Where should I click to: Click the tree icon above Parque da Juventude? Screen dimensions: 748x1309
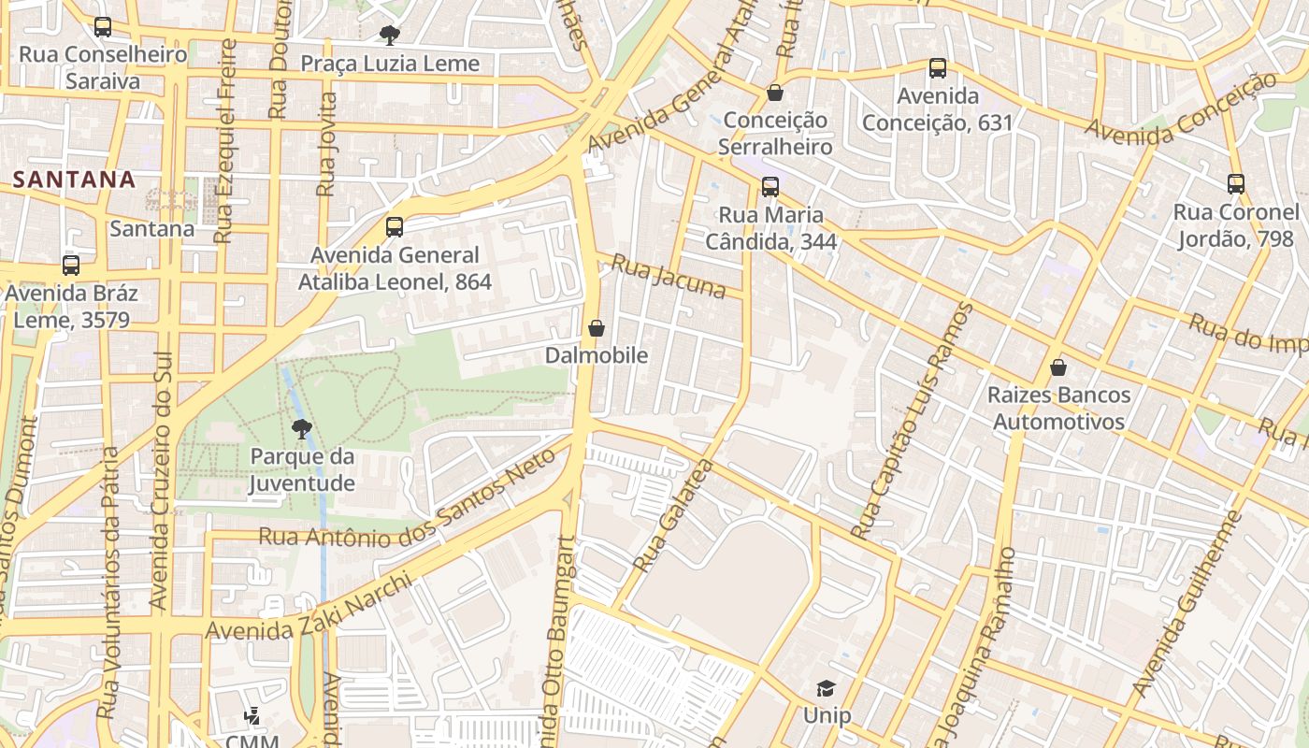pos(301,429)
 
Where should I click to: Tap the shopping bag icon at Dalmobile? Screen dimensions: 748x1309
pos(597,328)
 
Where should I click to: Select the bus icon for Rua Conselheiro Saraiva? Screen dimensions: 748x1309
pos(103,27)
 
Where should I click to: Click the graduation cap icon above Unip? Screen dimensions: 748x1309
pos(826,689)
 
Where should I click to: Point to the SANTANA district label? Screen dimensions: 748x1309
pos(76,179)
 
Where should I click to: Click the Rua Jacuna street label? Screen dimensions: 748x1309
pos(668,276)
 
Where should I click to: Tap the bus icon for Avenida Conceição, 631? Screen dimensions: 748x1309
pos(937,68)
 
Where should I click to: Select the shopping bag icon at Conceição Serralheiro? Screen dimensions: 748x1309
pos(774,93)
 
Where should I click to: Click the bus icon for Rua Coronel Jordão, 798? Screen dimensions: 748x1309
pos(1235,184)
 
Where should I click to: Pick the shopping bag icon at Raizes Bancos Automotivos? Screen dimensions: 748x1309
pos(1057,367)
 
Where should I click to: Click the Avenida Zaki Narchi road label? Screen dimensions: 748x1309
pos(309,609)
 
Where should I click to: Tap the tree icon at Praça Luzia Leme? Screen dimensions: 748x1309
pos(389,36)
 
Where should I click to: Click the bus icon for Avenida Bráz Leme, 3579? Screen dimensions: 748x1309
pos(71,266)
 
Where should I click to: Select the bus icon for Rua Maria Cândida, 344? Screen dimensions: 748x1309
pos(770,187)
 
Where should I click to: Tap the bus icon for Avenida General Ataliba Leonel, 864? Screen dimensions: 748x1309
pos(394,227)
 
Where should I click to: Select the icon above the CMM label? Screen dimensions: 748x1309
pos(251,717)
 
